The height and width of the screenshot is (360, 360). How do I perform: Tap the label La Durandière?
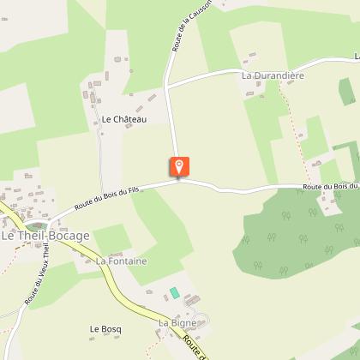coord(273,75)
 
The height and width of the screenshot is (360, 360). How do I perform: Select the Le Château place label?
coord(123,120)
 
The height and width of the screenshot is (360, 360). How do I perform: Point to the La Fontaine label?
coord(121,261)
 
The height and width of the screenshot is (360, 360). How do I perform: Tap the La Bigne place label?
coord(177,322)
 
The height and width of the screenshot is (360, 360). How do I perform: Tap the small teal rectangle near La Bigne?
coord(175,293)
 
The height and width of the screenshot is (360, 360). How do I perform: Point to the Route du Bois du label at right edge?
coord(329,187)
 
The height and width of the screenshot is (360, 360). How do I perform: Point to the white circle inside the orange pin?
coord(178,164)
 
